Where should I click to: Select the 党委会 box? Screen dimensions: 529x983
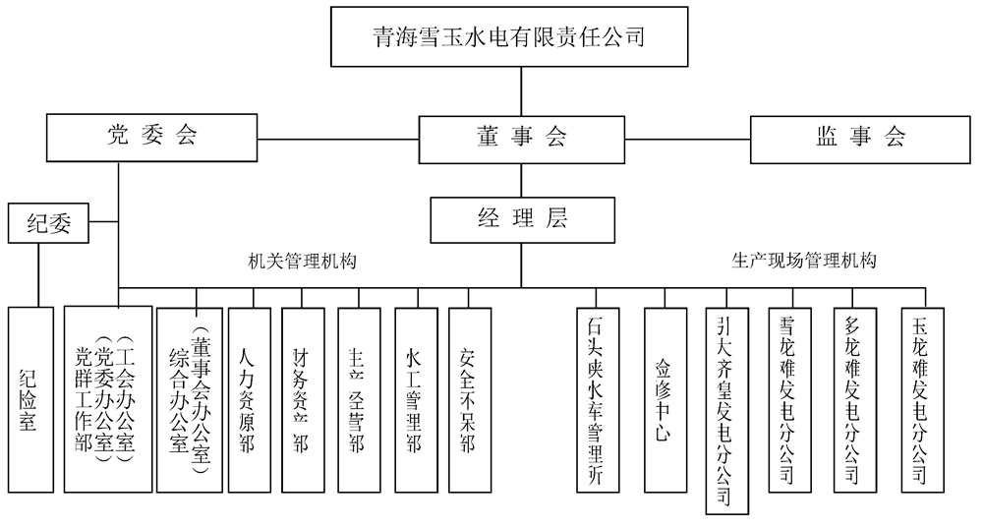click(152, 137)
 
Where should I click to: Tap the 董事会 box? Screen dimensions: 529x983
click(521, 138)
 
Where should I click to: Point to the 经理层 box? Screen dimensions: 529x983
click(522, 219)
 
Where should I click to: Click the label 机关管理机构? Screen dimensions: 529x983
click(302, 262)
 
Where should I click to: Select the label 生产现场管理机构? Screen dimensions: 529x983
click(804, 262)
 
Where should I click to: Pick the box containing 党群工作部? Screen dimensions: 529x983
click(107, 398)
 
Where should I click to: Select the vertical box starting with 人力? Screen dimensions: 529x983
click(249, 398)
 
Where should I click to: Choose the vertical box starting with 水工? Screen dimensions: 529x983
click(416, 398)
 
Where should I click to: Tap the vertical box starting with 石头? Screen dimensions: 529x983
click(599, 398)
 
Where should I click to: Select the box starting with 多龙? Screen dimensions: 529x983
click(853, 398)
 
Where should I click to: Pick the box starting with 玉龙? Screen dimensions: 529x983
click(921, 398)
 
